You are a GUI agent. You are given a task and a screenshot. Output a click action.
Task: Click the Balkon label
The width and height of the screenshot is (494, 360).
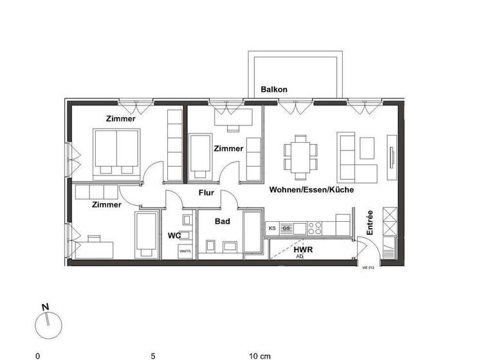(274, 90)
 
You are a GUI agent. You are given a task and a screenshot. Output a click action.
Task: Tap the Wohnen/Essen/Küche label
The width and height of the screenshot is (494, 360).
(311, 190)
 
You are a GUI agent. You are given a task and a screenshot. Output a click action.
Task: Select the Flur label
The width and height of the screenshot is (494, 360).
(206, 192)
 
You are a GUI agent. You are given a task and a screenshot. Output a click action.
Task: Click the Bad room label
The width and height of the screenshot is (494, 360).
(223, 221)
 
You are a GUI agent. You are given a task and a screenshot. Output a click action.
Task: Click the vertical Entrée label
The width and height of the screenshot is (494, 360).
(370, 222)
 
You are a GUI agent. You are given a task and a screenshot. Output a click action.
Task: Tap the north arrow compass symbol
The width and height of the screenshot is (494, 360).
(48, 324)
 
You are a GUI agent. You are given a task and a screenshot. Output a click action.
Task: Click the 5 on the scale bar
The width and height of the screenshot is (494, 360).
(153, 355)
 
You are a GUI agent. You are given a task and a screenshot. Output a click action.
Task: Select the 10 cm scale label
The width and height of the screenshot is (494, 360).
(260, 355)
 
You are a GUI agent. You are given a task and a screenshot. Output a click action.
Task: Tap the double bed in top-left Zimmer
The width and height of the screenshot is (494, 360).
(117, 153)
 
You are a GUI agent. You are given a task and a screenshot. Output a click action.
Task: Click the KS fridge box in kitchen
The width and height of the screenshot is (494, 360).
(272, 228)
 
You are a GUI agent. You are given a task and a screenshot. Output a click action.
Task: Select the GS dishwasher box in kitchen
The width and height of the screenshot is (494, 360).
(286, 228)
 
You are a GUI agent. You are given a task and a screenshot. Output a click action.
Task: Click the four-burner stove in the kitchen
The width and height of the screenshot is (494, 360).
(315, 228)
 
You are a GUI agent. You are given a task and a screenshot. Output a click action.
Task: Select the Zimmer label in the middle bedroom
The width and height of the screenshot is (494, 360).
(229, 148)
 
